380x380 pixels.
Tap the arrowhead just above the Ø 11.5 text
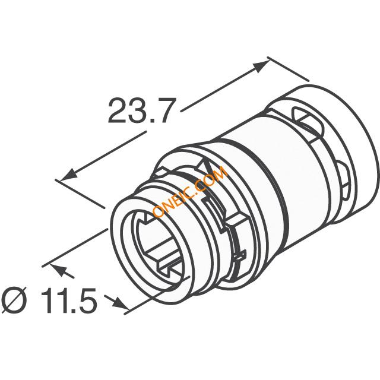click(59, 270)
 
